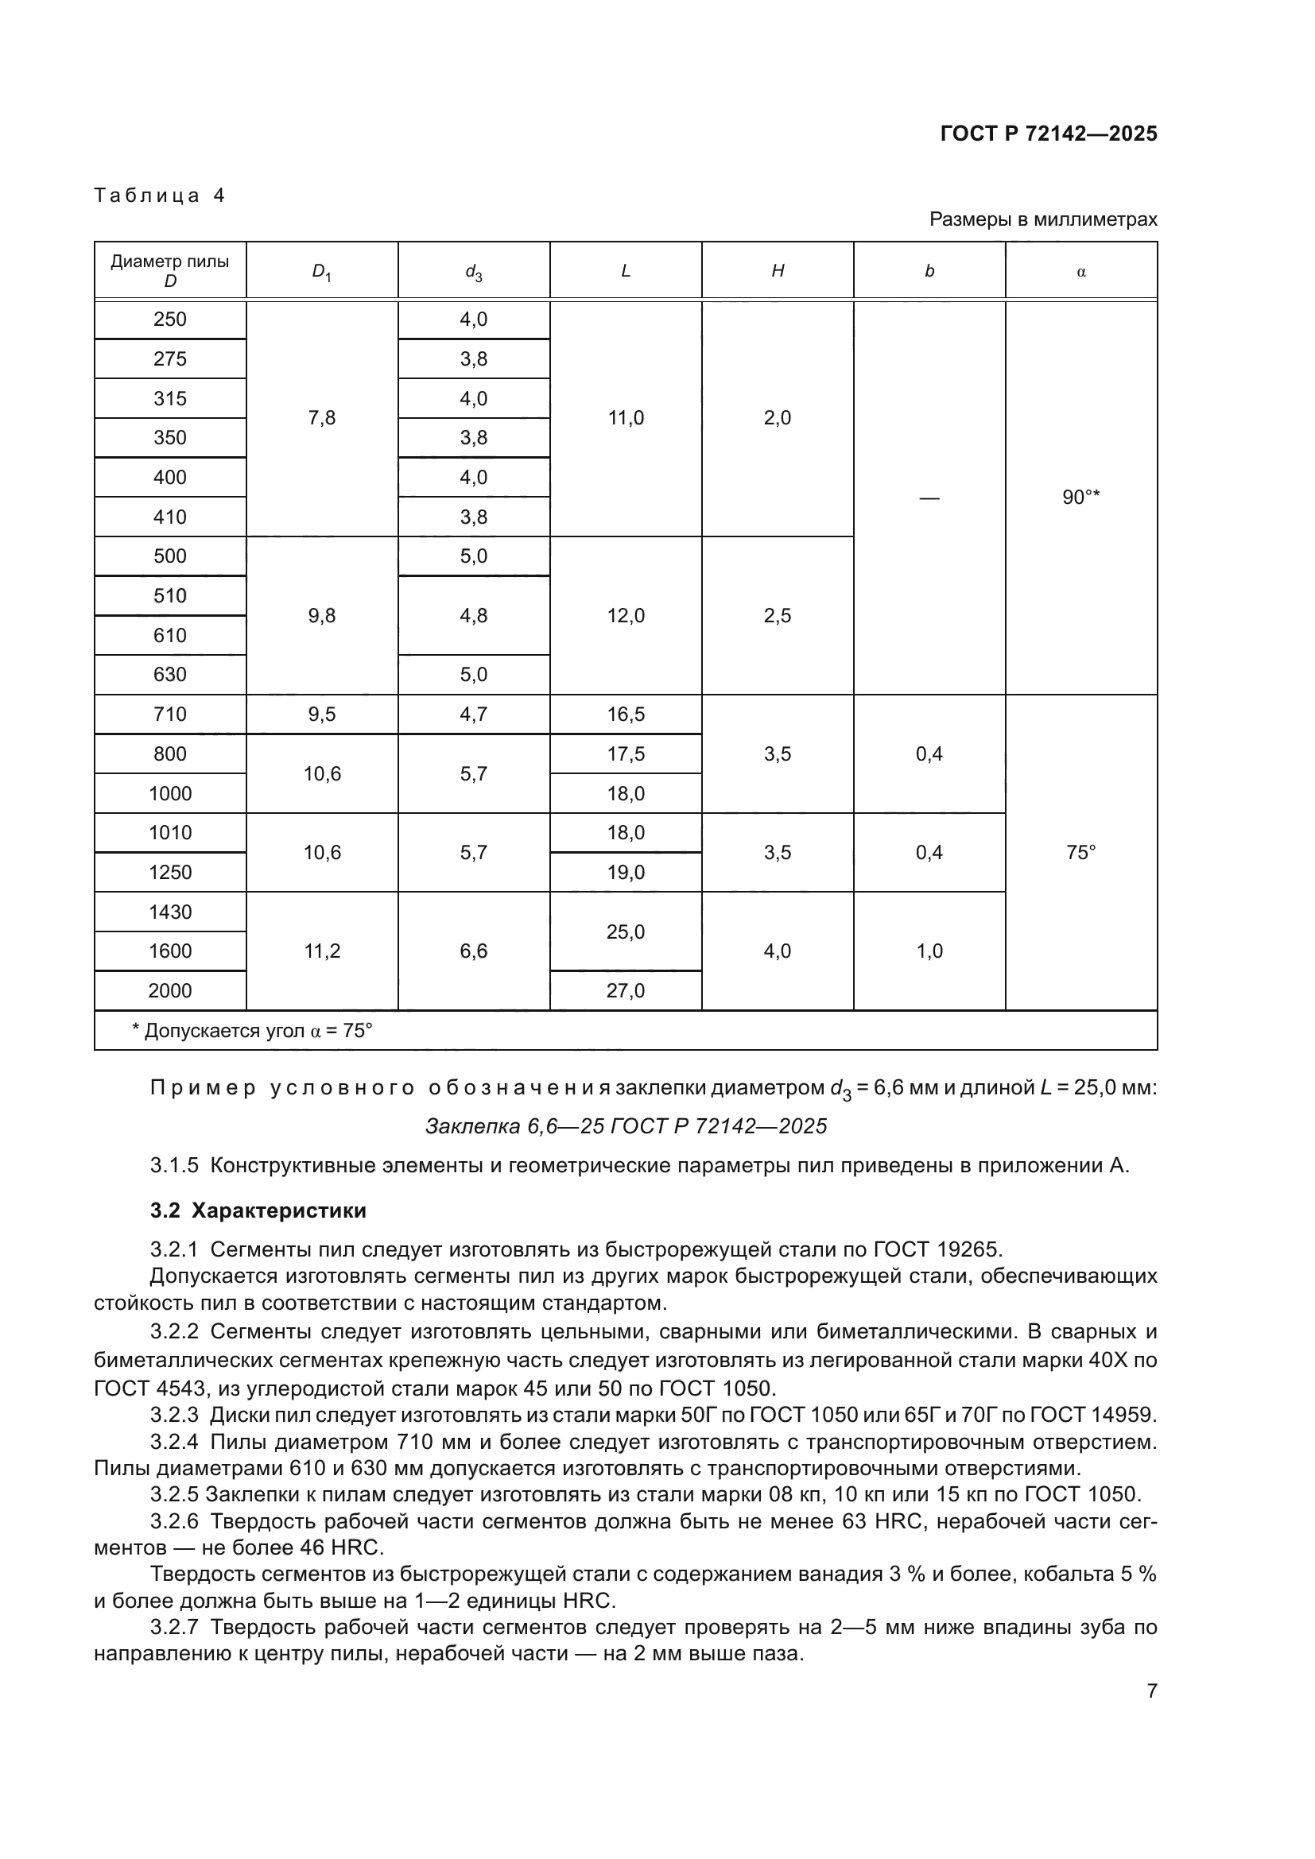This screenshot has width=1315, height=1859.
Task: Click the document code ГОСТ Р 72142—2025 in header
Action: click(x=1049, y=134)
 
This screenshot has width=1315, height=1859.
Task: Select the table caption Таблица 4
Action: click(x=160, y=196)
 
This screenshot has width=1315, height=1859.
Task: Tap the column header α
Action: click(x=1081, y=272)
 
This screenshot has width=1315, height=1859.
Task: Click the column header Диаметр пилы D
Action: click(x=170, y=270)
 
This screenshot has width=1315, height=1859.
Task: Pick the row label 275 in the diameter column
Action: click(x=170, y=358)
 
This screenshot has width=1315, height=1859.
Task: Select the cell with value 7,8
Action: click(x=322, y=418)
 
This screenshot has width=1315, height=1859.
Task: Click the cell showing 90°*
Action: click(x=1081, y=497)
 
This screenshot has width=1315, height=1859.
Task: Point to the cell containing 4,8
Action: click(x=474, y=615)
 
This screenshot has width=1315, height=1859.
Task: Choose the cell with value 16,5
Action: click(x=626, y=715)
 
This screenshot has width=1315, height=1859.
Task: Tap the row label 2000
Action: click(x=170, y=991)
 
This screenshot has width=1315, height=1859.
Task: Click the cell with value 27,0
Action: click(x=626, y=991)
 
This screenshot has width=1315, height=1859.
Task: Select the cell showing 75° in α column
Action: click(x=1081, y=853)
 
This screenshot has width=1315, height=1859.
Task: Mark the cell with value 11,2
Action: click(x=322, y=951)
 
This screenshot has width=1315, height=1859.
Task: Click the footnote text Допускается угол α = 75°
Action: click(x=252, y=1031)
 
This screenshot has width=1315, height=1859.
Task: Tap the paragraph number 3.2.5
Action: click(x=174, y=1494)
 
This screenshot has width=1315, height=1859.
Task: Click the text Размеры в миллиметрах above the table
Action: click(x=1043, y=219)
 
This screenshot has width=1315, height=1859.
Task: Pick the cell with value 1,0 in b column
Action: click(x=929, y=951)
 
